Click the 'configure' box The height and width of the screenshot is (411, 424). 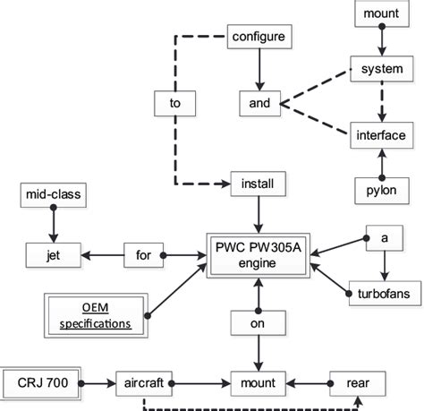click(x=258, y=37)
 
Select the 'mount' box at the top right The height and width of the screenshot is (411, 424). click(x=383, y=14)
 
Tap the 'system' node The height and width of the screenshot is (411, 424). click(x=383, y=69)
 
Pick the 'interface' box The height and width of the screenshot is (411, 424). click(x=383, y=136)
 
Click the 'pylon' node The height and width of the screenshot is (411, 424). click(x=383, y=191)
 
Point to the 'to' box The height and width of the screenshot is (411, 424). click(x=175, y=103)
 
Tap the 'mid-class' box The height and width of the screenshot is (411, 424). click(x=53, y=193)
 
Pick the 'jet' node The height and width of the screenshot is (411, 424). click(x=53, y=254)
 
